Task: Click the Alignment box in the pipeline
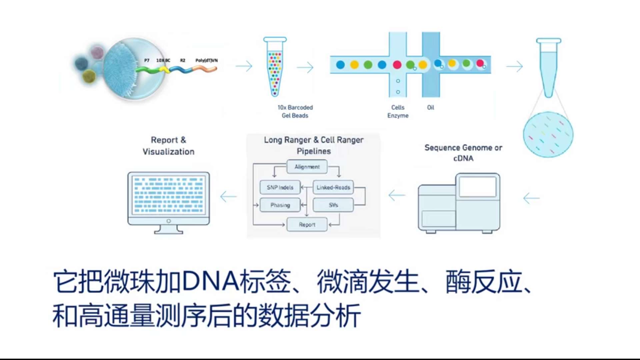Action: tap(307, 167)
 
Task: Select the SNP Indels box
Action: tap(280, 187)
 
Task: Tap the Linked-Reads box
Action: tap(333, 187)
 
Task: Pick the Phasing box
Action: tap(280, 205)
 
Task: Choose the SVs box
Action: tap(333, 205)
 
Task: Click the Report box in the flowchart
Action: tap(307, 225)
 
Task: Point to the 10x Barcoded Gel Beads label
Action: tap(295, 111)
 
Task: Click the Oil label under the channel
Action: tap(430, 107)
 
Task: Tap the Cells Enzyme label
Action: tap(398, 111)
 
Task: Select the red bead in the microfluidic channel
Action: tap(397, 65)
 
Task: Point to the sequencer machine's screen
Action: tap(477, 187)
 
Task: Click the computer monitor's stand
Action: tap(168, 229)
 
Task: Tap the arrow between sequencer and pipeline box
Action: tap(397, 195)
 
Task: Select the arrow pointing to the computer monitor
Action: tap(229, 196)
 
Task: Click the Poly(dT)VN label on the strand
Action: tap(206, 60)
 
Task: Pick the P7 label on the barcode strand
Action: tap(147, 60)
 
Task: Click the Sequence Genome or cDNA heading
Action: tap(463, 153)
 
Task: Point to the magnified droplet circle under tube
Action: tap(548, 135)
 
